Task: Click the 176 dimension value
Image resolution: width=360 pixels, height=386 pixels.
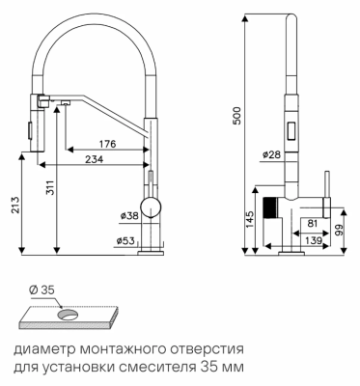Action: pyautogui.click(x=108, y=145)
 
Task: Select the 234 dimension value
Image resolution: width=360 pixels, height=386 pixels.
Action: pyautogui.click(x=94, y=159)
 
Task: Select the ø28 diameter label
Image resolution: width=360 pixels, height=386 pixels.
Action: pyautogui.click(x=271, y=154)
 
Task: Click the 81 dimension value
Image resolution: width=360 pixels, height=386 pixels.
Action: pyautogui.click(x=314, y=223)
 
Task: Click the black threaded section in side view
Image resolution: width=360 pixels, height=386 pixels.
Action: pyautogui.click(x=272, y=208)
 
